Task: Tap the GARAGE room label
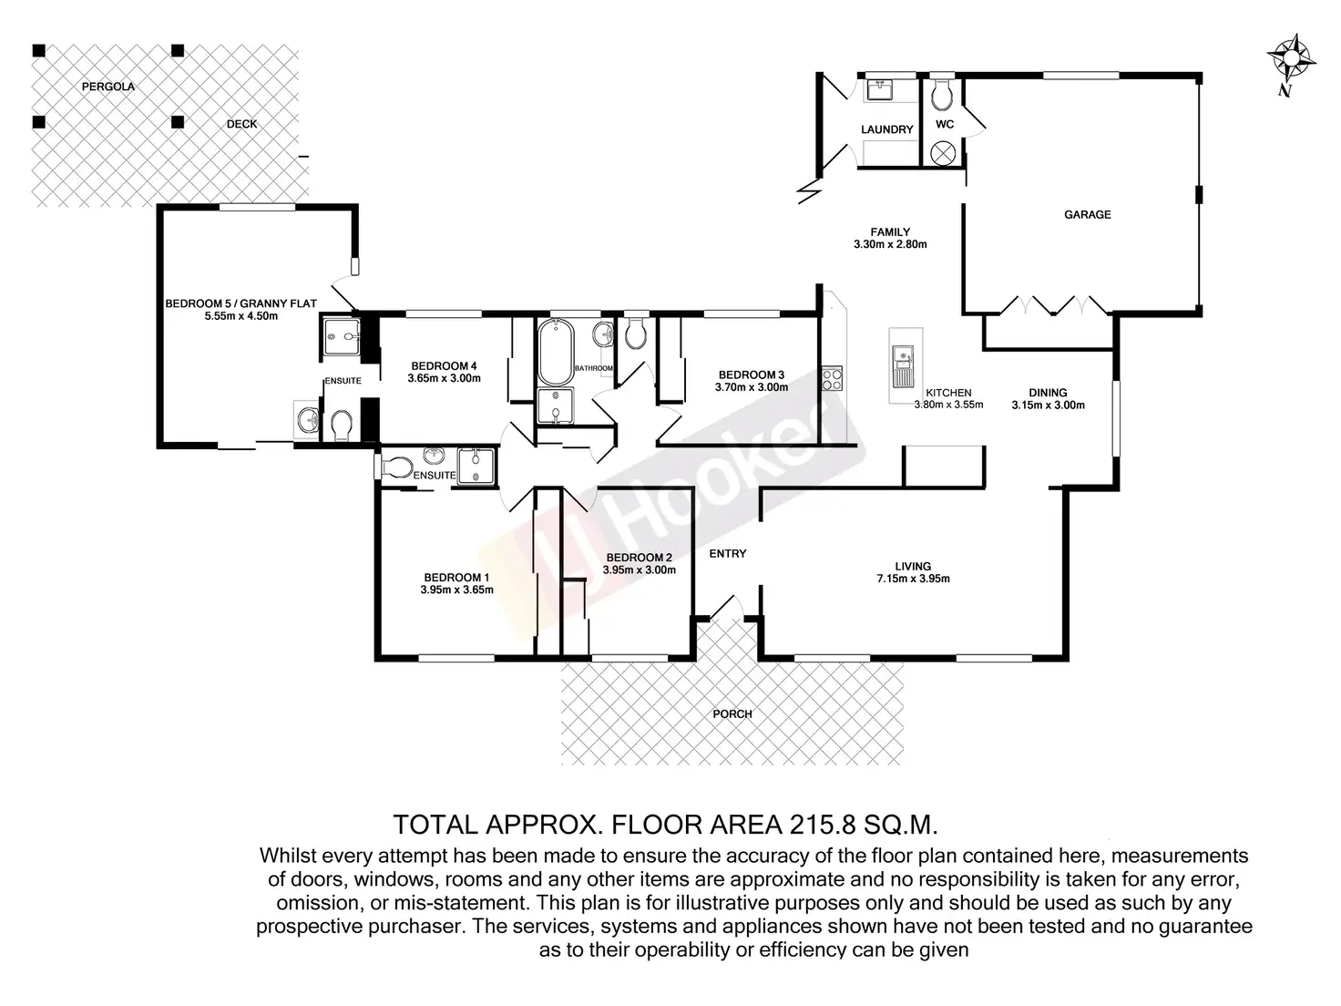1087,214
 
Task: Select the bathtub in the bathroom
555,352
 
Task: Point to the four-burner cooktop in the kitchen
832,377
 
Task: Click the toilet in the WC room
941,94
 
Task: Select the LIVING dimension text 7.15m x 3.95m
913,579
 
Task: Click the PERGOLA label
108,87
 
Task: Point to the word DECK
242,124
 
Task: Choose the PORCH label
732,713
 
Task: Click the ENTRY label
728,553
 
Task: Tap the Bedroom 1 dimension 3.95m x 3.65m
456,590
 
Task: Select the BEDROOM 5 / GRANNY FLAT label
241,303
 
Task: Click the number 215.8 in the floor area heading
823,825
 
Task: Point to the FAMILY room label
890,232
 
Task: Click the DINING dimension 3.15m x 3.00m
1048,405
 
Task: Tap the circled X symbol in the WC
942,153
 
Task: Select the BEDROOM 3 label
752,375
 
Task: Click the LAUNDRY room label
886,129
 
